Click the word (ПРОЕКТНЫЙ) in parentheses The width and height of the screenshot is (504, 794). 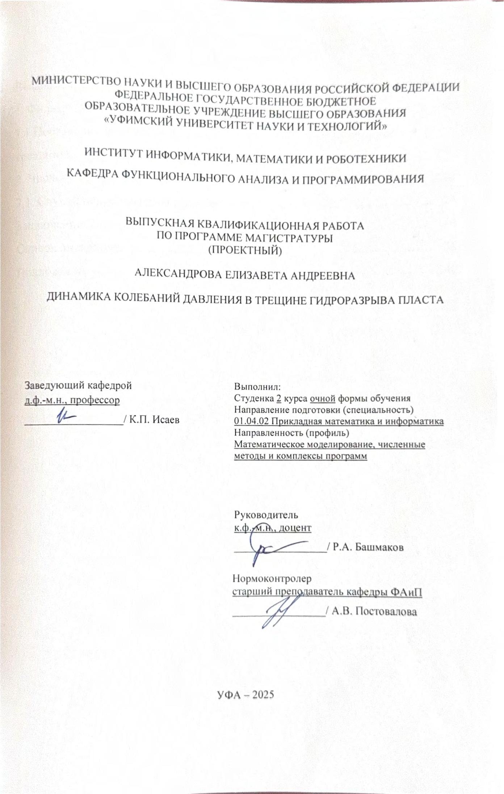(245, 251)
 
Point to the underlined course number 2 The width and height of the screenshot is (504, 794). (278, 398)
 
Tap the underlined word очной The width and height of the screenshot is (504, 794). (323, 398)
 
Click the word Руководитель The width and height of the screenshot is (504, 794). (266, 514)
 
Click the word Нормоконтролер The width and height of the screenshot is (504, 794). (272, 579)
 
